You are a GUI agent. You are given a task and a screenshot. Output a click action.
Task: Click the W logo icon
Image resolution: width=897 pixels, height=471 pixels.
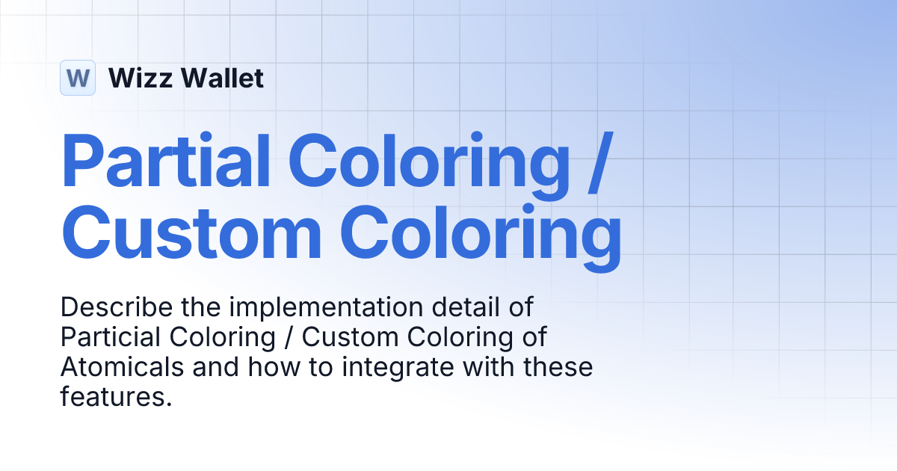pos(78,78)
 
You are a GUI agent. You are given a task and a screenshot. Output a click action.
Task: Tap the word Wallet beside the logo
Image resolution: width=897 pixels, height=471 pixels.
pos(222,78)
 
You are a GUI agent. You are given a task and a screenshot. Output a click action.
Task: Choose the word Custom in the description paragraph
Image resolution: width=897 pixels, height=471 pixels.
pos(350,338)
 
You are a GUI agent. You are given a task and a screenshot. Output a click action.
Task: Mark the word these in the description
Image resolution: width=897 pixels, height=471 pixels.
pos(557,368)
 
